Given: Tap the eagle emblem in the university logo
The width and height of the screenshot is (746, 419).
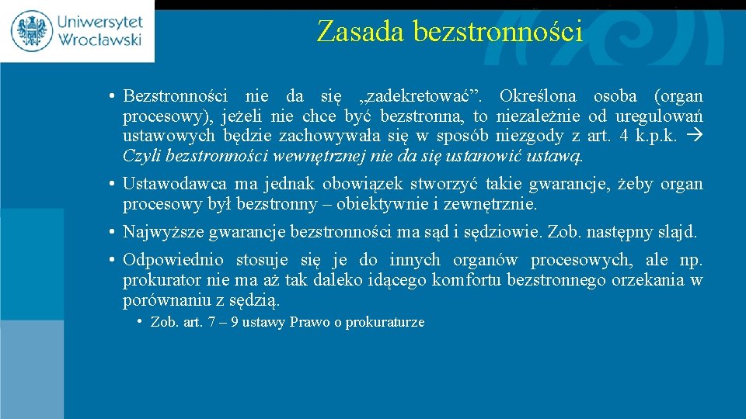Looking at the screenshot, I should tap(32, 31).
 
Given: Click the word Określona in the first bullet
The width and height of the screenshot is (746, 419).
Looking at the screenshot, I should tap(538, 97).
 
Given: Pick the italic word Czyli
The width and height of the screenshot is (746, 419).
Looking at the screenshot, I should tap(142, 157).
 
